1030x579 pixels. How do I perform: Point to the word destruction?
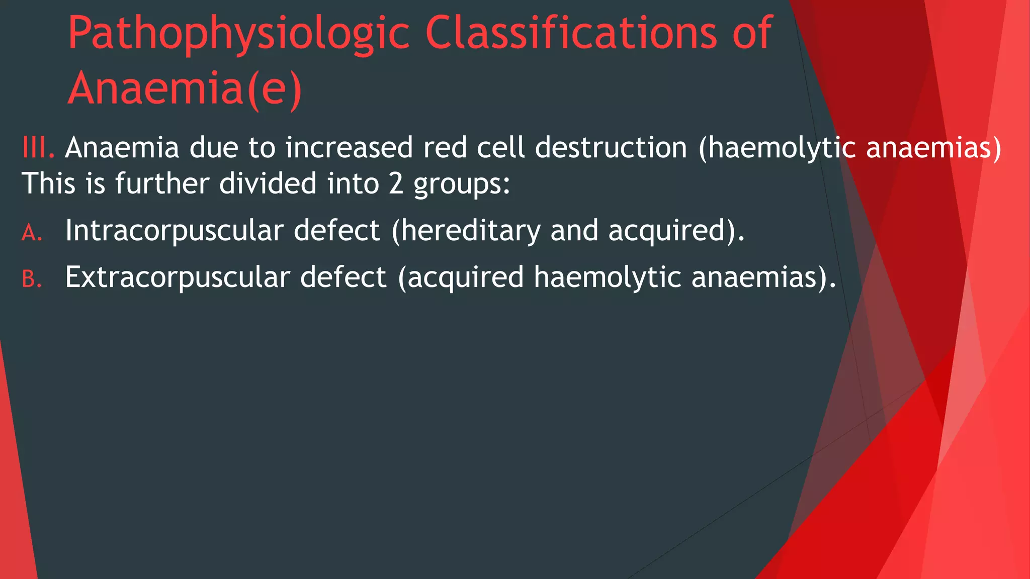611,148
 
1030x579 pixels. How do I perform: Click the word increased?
349,148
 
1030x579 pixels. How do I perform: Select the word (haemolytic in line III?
777,148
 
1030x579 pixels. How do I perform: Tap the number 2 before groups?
396,183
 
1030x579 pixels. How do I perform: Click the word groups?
462,184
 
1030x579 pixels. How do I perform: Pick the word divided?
268,183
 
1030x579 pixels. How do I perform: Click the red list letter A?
32,233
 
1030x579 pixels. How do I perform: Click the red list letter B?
32,279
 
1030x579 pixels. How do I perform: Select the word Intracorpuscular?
174,231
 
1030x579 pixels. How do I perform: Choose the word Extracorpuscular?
178,277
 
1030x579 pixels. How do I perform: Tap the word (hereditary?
466,231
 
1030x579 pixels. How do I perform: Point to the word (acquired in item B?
461,277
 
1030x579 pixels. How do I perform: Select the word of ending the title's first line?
751,34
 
